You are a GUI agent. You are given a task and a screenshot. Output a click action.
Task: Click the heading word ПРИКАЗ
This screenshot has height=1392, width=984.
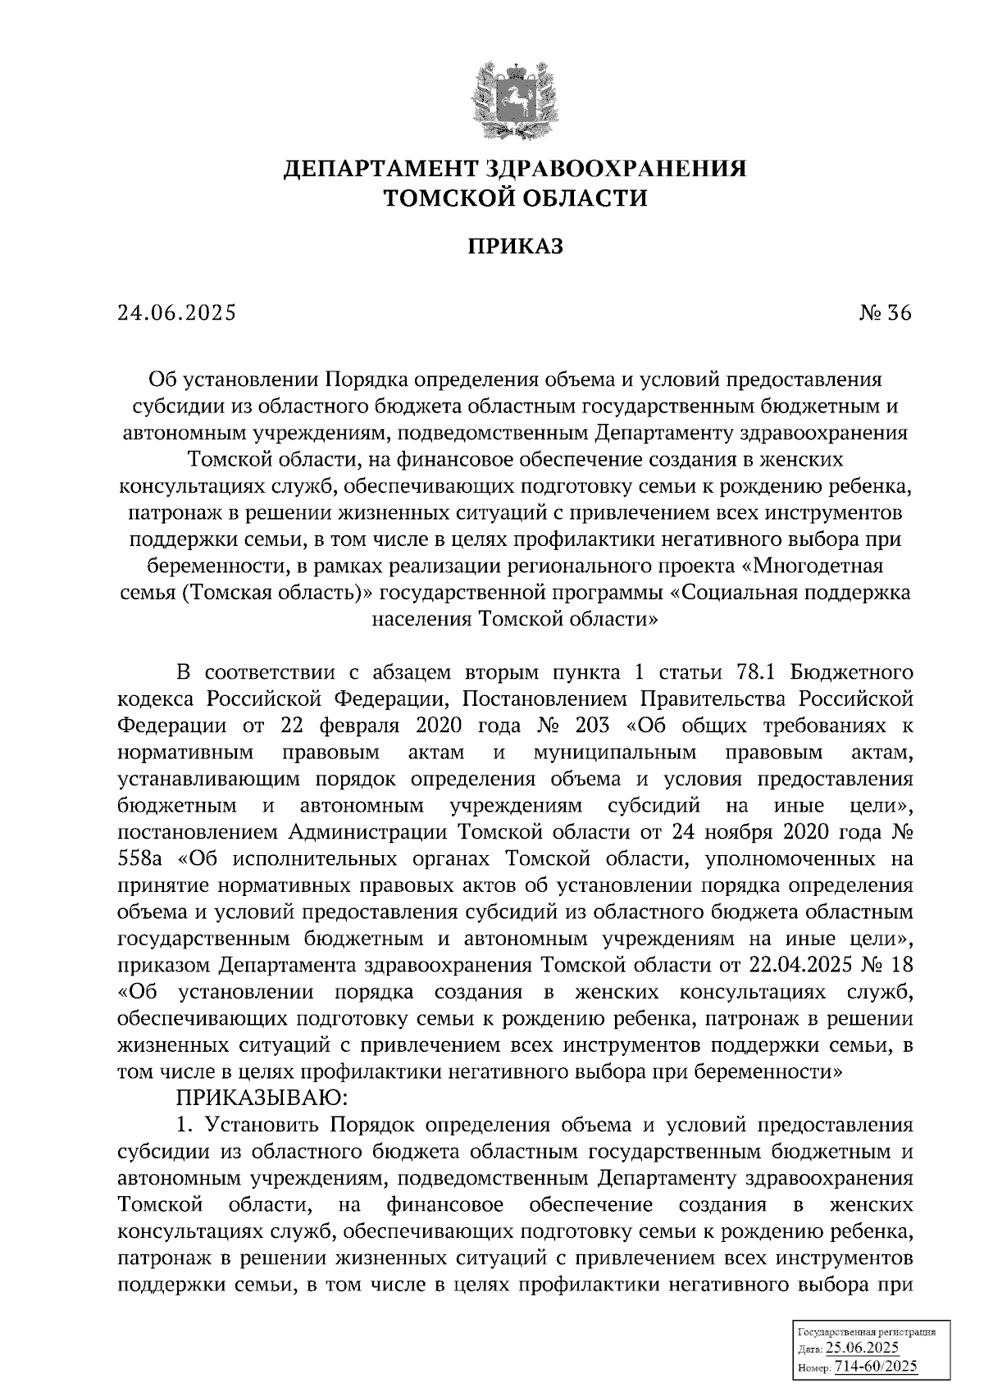tap(515, 247)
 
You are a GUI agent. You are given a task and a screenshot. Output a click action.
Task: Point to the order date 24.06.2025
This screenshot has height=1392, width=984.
tap(176, 313)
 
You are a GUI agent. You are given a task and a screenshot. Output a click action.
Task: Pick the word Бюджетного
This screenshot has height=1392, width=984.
tap(854, 673)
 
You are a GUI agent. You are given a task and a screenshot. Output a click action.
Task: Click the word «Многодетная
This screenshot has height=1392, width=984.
tap(821, 566)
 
